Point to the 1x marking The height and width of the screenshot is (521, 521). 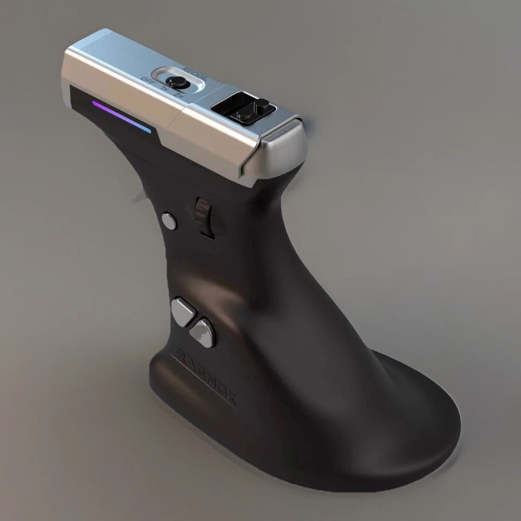coord(164,90)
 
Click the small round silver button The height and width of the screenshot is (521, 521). coord(169,221)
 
